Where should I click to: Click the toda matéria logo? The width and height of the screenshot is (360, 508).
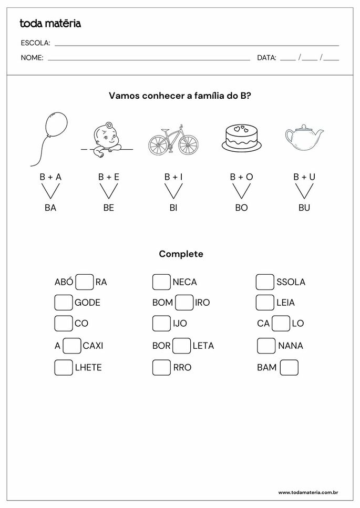(x=50, y=23)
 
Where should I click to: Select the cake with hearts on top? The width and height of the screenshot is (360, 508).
(x=241, y=138)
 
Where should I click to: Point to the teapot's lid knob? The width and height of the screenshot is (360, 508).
(x=304, y=126)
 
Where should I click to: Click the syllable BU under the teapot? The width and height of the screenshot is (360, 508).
(x=304, y=208)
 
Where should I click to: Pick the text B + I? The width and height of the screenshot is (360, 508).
(x=173, y=177)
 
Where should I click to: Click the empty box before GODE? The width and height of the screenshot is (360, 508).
(x=64, y=303)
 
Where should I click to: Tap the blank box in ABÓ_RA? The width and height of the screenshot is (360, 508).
(x=85, y=282)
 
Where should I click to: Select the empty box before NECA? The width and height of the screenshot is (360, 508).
(x=161, y=282)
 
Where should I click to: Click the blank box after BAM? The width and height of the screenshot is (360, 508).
(x=289, y=367)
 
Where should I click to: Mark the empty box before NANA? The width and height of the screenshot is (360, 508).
(x=266, y=346)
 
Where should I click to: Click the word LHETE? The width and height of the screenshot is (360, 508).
(x=88, y=368)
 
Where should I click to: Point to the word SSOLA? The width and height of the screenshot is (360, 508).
(x=291, y=282)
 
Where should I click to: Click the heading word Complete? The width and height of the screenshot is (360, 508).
(x=181, y=254)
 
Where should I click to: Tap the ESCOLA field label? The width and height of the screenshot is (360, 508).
(x=36, y=43)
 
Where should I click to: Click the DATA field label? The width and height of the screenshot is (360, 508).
(x=266, y=58)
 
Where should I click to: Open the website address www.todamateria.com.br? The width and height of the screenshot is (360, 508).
(x=307, y=492)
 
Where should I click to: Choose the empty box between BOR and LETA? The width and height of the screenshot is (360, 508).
(x=182, y=346)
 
